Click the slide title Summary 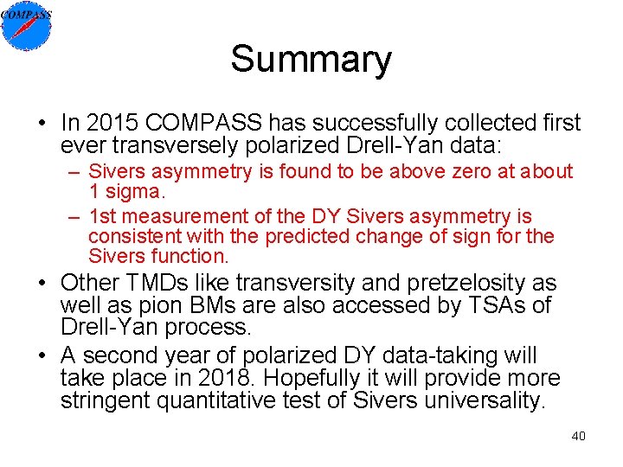click(311, 60)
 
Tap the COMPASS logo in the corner click(27, 26)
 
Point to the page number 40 click(578, 436)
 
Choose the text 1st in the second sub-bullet click(106, 216)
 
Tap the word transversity click(294, 284)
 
